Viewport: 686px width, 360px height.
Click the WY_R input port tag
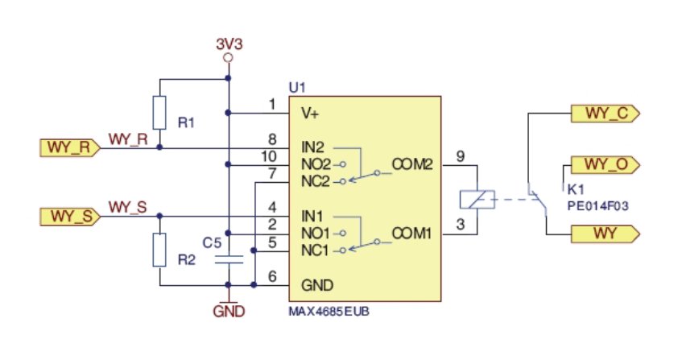pyautogui.click(x=70, y=148)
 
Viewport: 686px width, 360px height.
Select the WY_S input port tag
pyautogui.click(x=70, y=217)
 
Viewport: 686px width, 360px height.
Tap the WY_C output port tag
pyautogui.click(x=605, y=114)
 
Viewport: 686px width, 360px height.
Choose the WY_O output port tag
pyautogui.click(x=605, y=165)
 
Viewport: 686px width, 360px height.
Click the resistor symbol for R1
pyautogui.click(x=159, y=113)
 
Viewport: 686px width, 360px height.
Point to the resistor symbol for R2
pyautogui.click(x=159, y=250)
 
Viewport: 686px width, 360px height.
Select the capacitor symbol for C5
pyautogui.click(x=229, y=259)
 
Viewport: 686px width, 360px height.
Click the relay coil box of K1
pyautogui.click(x=477, y=200)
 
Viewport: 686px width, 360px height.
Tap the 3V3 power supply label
pyautogui.click(x=229, y=44)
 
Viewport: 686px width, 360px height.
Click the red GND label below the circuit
pyautogui.click(x=229, y=312)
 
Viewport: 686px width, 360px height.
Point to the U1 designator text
pyautogui.click(x=297, y=88)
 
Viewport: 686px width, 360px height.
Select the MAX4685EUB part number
pyautogui.click(x=329, y=312)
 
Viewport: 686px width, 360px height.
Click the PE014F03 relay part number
pyautogui.click(x=597, y=206)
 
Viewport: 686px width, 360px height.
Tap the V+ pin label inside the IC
pyautogui.click(x=310, y=114)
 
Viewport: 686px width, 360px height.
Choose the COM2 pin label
pyautogui.click(x=412, y=164)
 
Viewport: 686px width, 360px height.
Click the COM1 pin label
pyautogui.click(x=411, y=234)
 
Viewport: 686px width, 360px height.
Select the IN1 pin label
pyautogui.click(x=312, y=216)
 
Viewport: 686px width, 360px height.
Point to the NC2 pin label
pyautogui.click(x=316, y=181)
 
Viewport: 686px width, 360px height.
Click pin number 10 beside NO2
pyautogui.click(x=269, y=156)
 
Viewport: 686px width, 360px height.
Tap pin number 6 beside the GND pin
pyautogui.click(x=272, y=276)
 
